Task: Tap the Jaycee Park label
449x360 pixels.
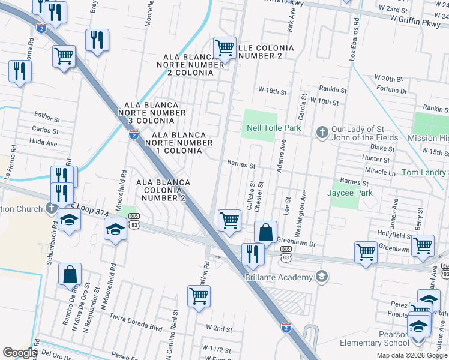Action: click(349, 193)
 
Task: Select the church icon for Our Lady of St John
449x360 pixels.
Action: click(322, 131)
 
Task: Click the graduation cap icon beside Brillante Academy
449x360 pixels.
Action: click(322, 277)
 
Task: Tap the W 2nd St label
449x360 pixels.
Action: click(218, 329)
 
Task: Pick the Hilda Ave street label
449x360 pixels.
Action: click(43, 143)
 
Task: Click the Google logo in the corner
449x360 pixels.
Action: click(20, 352)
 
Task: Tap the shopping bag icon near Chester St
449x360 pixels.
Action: click(265, 232)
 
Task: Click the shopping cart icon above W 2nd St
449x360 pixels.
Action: click(199, 296)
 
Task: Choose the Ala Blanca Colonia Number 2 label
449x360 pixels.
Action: click(163, 190)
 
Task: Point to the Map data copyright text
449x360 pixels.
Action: click(411, 355)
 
